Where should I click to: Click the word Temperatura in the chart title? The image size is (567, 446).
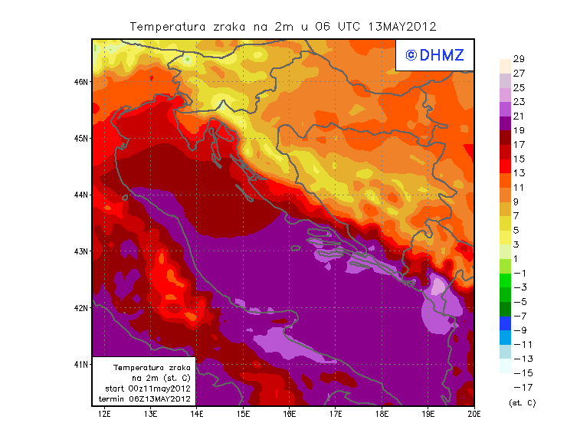(166, 27)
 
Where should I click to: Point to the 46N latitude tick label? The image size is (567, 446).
(82, 81)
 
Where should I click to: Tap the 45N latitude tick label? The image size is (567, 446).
(82, 138)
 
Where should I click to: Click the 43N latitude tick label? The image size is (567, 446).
(82, 251)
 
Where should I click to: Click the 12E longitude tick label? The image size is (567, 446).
(104, 414)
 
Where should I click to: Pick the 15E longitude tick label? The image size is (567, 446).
(244, 414)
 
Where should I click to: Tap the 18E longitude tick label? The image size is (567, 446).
(382, 414)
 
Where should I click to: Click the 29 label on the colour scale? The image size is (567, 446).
(519, 58)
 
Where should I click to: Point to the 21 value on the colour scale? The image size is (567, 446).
(519, 116)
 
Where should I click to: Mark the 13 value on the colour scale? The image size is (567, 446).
(519, 173)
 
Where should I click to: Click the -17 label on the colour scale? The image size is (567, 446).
(521, 387)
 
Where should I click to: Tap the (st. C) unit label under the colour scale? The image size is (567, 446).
(522, 402)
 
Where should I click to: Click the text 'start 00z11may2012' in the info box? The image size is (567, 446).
(147, 389)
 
